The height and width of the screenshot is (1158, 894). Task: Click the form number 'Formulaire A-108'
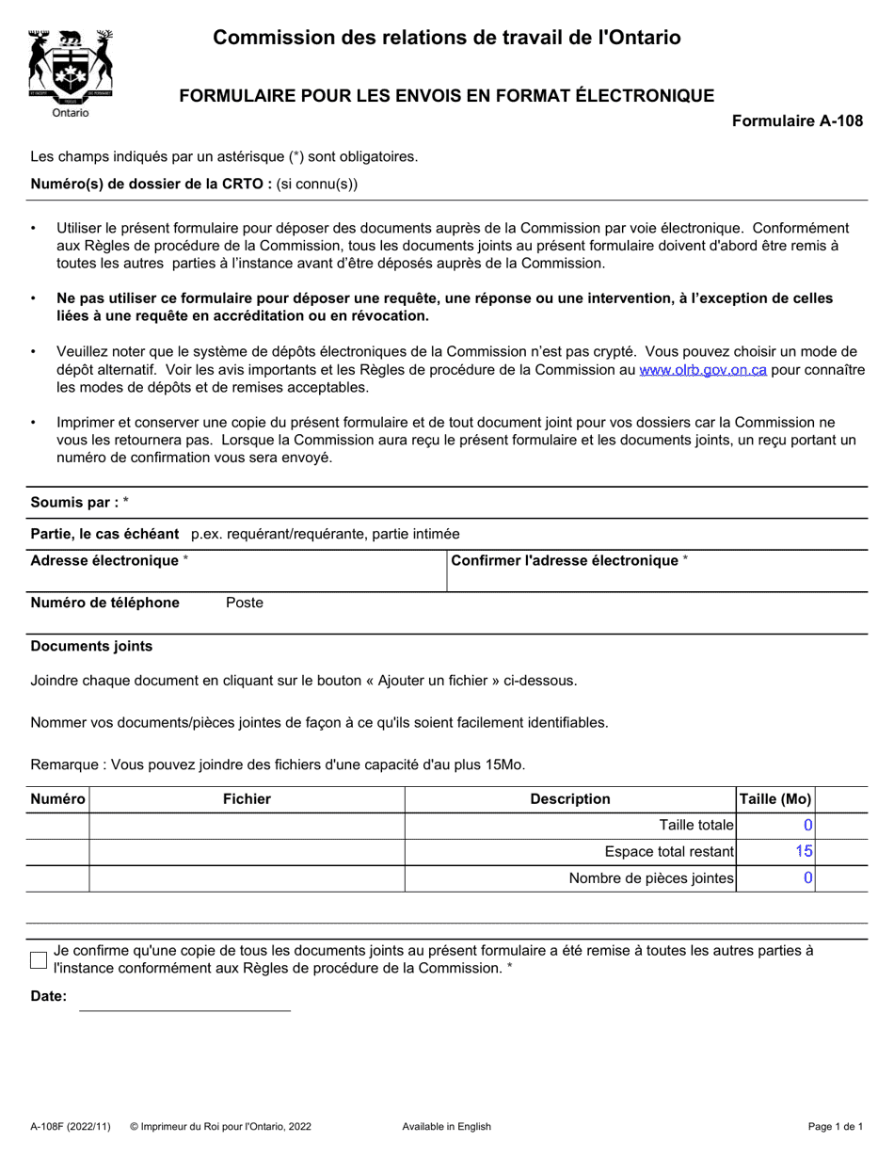coord(797,121)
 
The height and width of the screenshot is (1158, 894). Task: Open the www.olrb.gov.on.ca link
coord(703,371)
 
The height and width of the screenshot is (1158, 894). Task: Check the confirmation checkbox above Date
coord(39,960)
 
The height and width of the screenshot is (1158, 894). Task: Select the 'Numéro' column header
coord(57,799)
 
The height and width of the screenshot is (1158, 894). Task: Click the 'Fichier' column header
coord(247,799)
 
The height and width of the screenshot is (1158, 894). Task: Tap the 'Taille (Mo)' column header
coord(776,799)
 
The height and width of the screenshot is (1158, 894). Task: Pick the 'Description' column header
coord(570,799)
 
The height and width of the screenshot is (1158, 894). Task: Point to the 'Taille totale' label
coord(696,826)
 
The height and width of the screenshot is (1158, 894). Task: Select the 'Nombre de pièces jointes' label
coord(651,878)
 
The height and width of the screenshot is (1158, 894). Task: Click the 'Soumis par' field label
coord(75,503)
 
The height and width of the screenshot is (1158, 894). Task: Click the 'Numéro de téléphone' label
coord(105,603)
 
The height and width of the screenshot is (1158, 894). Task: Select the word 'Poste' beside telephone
coord(245,603)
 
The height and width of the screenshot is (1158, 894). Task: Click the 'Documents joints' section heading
coord(91,647)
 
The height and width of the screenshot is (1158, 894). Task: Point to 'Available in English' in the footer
coord(446,1127)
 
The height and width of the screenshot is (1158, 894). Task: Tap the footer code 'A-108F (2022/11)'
coord(71,1127)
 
